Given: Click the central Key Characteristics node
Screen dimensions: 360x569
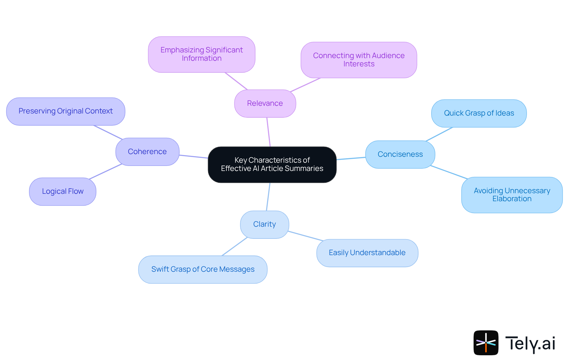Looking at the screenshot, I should (x=272, y=164).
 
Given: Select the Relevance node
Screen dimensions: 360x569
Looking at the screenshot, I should (x=265, y=103).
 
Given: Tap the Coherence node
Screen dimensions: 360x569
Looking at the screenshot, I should (x=147, y=152).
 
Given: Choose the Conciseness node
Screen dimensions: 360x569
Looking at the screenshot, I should (x=400, y=154).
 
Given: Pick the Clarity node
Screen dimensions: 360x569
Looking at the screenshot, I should (x=264, y=224).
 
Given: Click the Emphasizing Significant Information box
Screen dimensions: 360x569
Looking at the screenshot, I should (x=202, y=54).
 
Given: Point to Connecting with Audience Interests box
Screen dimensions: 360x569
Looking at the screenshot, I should (x=359, y=60).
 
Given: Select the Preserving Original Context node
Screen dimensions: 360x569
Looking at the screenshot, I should (x=65, y=111).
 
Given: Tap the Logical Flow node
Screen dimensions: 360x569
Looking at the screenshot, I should (x=63, y=191).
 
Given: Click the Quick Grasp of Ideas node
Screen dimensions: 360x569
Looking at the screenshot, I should (x=479, y=113).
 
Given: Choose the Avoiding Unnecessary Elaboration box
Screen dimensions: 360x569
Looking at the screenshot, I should (x=512, y=195).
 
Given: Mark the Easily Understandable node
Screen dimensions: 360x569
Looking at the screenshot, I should (x=367, y=253).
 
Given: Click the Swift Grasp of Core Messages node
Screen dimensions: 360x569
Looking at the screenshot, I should (x=203, y=269).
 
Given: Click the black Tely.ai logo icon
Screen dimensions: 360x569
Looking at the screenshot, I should (x=486, y=343).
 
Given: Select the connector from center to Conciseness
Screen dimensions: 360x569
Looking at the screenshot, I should (x=351, y=159).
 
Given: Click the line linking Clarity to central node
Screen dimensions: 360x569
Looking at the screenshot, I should (x=268, y=197).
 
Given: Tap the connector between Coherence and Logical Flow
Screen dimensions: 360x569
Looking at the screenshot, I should (x=106, y=172).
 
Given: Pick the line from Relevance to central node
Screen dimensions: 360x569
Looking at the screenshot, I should (x=268, y=132).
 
